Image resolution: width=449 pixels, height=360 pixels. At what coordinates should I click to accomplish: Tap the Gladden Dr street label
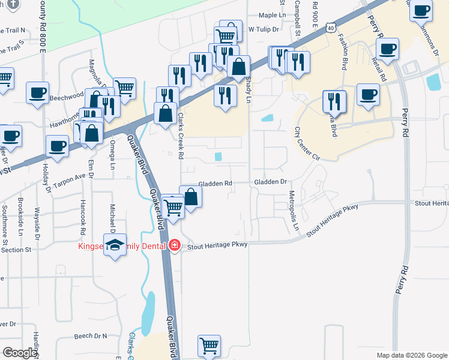[271, 182]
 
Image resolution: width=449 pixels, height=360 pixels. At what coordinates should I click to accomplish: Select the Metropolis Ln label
[294, 211]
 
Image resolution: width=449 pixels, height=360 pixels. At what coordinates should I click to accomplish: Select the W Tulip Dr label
[262, 29]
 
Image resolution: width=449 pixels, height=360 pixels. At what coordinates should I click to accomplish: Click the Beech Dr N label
[90, 336]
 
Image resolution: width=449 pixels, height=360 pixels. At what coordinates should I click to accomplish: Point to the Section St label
[16, 249]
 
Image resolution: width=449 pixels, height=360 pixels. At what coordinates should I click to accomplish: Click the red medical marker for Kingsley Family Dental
[175, 245]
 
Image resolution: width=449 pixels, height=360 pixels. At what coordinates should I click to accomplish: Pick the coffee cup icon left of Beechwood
[38, 93]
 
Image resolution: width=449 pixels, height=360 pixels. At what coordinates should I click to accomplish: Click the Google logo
[20, 353]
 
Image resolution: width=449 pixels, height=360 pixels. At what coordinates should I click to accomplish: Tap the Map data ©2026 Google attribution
[411, 355]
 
